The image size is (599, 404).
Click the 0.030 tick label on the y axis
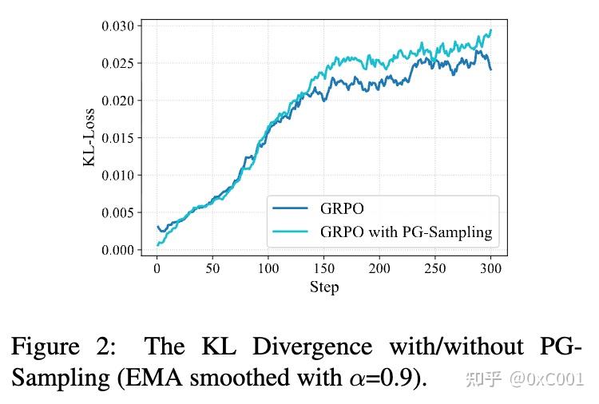coord(117,26)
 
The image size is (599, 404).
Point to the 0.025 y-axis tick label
coord(117,63)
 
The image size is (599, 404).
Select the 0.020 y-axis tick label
coord(117,101)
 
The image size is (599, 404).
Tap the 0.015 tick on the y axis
coord(117,138)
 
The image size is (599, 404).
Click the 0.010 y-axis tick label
coord(117,175)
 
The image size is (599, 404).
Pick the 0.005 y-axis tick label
coord(117,212)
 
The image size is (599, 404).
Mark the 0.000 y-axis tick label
coord(117,250)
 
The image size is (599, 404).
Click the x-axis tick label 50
coord(212,268)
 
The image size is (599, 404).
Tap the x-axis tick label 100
coord(268,268)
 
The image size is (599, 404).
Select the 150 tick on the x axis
coord(324,268)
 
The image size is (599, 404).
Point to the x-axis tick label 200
coord(379,268)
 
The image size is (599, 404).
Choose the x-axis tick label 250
coord(435,268)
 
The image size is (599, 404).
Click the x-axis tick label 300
coord(490,268)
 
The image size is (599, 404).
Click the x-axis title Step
coord(324,287)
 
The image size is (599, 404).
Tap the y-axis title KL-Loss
coord(89,137)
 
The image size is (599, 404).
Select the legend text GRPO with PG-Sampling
coord(407,233)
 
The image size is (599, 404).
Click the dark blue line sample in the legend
coord(290,209)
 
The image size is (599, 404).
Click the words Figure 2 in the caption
coord(61,347)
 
